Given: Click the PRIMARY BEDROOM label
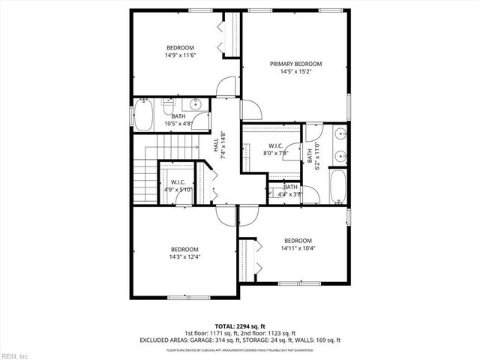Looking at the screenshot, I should click(x=295, y=64).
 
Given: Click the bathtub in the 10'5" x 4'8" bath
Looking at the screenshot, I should click(x=142, y=116).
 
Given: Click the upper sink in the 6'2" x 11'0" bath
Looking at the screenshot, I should click(x=340, y=135).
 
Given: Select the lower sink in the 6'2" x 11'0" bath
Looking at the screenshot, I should click(x=340, y=157).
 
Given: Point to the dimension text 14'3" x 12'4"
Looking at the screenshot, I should click(x=184, y=256).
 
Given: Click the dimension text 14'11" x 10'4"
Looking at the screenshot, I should click(x=295, y=248).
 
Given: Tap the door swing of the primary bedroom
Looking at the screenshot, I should click(x=250, y=111).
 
